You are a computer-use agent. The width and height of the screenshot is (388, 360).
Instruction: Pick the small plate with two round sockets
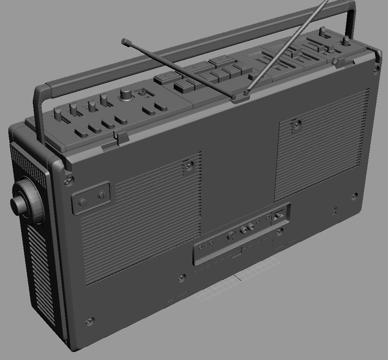tap(91, 197)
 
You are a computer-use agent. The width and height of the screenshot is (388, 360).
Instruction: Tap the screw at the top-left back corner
tap(69, 180)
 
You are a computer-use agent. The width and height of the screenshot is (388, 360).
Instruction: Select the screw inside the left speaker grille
tap(189, 165)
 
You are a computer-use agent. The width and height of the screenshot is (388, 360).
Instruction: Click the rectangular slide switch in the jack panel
tap(278, 216)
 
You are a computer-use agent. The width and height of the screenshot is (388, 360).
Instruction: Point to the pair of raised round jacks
tap(247, 228)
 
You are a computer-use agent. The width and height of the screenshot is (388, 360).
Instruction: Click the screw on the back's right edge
tap(354, 197)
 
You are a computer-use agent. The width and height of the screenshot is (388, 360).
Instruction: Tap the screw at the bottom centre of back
tap(182, 278)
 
